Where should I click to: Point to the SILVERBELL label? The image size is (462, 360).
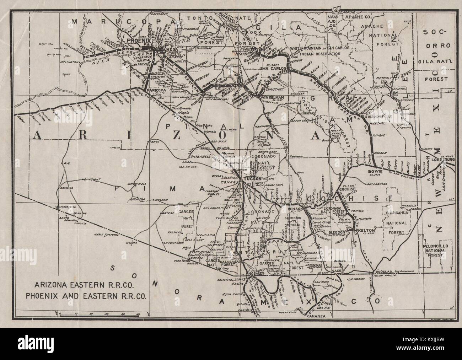coord(201,156)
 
